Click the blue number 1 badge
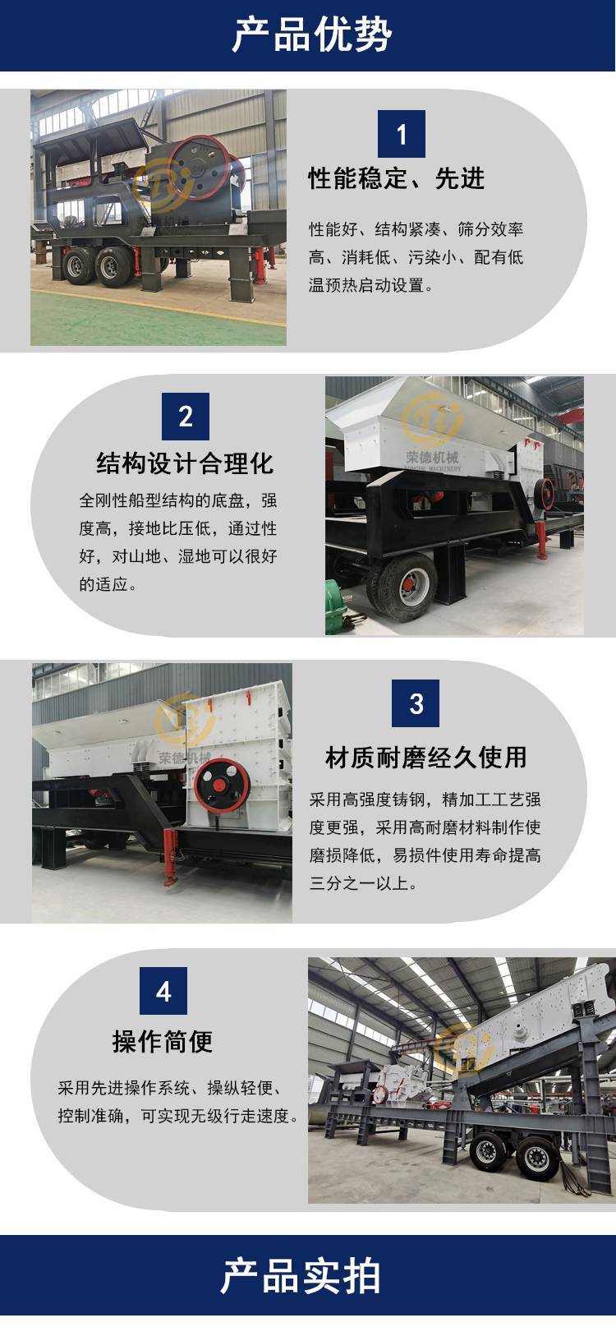[x=402, y=134]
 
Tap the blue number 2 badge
[x=186, y=417]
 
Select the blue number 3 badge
[x=416, y=703]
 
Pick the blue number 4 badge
[x=163, y=991]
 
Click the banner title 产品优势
[x=311, y=35]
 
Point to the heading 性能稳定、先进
[x=396, y=178]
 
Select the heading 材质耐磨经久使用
[x=425, y=757]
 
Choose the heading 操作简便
[x=163, y=1041]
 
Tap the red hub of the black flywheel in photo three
[x=218, y=786]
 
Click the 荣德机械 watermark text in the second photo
[x=432, y=457]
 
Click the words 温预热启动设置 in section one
[x=366, y=286]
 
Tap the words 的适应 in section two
[x=103, y=584]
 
